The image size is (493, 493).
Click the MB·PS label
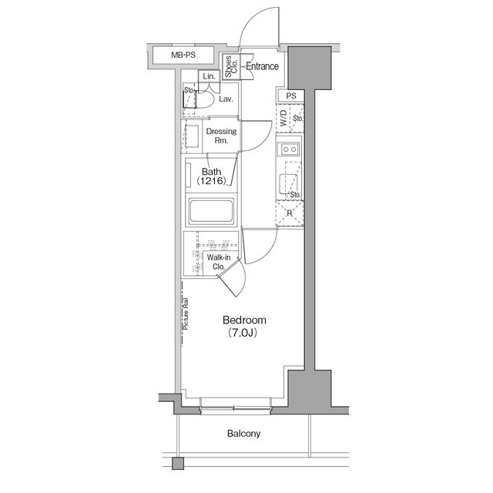(x=183, y=55)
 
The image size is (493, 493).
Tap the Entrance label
(x=262, y=66)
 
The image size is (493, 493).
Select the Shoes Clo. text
(x=231, y=66)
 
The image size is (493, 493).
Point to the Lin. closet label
(x=209, y=76)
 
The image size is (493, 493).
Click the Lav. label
(x=226, y=99)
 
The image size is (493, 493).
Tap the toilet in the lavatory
(x=205, y=98)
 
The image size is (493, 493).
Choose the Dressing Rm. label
(x=221, y=136)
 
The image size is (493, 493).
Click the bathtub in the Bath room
(x=211, y=210)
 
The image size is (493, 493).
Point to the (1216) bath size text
(x=211, y=181)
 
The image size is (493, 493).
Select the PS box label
(x=291, y=96)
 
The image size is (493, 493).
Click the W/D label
(x=283, y=118)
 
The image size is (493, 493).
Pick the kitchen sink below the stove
(x=288, y=184)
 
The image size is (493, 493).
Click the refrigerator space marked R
(x=290, y=213)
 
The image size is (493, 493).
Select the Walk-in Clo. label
(x=219, y=262)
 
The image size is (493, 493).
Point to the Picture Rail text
(x=186, y=314)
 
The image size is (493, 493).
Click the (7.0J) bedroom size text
(x=243, y=333)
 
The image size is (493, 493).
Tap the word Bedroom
(x=244, y=320)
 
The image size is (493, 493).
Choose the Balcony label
(x=243, y=434)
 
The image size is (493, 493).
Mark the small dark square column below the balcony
(x=178, y=464)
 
